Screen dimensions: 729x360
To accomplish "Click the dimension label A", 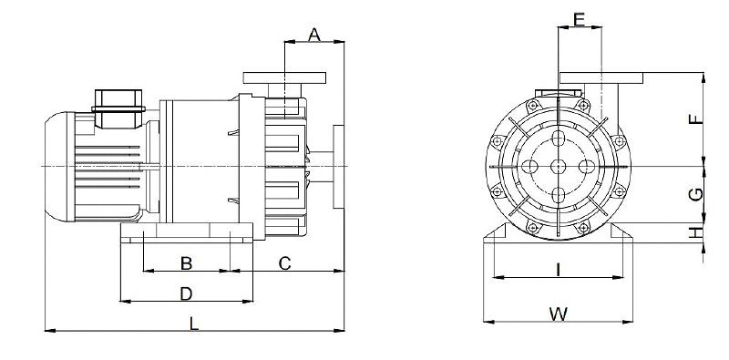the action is click(x=314, y=35).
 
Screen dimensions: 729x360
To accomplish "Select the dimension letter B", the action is click(x=186, y=263).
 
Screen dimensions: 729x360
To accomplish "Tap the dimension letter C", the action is click(x=284, y=263).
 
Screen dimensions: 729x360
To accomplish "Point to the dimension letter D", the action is click(x=186, y=294).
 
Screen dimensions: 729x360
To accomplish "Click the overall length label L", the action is click(x=193, y=324).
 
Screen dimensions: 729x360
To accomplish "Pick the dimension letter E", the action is click(x=579, y=19).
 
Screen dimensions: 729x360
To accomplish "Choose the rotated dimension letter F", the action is click(x=696, y=119).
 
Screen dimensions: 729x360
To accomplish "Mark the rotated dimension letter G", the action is click(x=696, y=194).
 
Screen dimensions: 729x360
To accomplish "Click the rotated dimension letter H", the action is click(x=696, y=232).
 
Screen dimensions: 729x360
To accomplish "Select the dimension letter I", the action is click(x=558, y=269).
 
